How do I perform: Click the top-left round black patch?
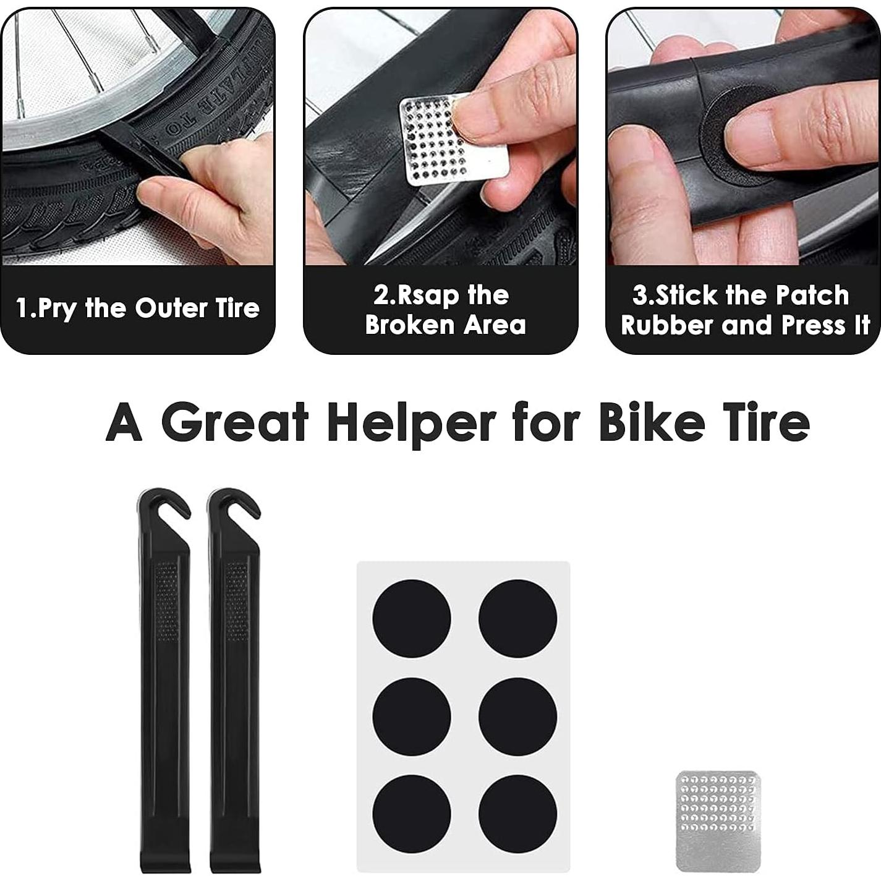click(x=411, y=619)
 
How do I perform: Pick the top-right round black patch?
click(x=517, y=619)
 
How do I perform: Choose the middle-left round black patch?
click(x=411, y=716)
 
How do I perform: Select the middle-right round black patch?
click(x=517, y=716)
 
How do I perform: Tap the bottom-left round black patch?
click(x=411, y=814)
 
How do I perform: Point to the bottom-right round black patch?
click(x=517, y=814)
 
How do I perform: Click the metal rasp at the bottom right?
click(x=718, y=820)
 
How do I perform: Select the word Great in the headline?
click(x=235, y=423)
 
